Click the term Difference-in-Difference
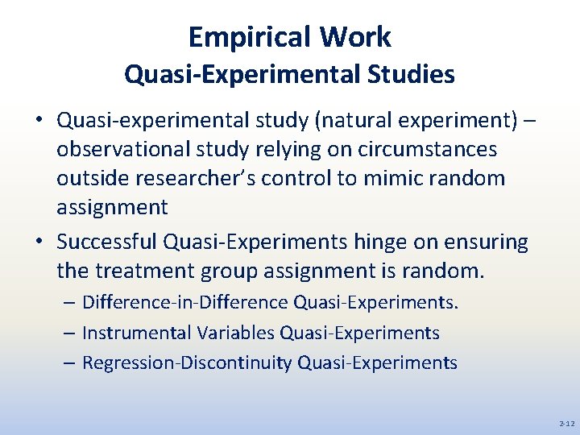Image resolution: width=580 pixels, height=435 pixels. click(x=185, y=303)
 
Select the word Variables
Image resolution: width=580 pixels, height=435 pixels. click(x=237, y=333)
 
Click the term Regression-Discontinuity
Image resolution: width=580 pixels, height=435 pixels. click(x=187, y=362)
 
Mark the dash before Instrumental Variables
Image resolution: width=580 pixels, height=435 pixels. click(x=70, y=333)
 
